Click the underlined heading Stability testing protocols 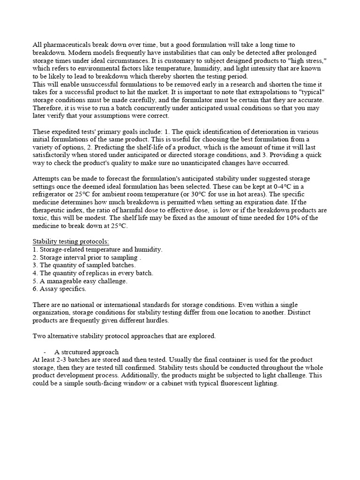tap(71, 241)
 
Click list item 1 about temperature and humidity tap(97, 249)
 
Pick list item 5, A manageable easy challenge tap(80, 281)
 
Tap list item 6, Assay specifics tap(60, 289)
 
